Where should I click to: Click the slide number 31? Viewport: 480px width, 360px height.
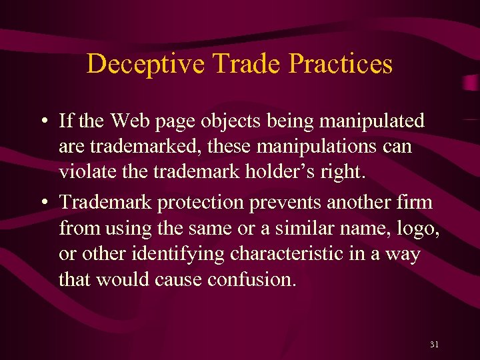coord(434,344)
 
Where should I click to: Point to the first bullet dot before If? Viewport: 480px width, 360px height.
coord(42,121)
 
